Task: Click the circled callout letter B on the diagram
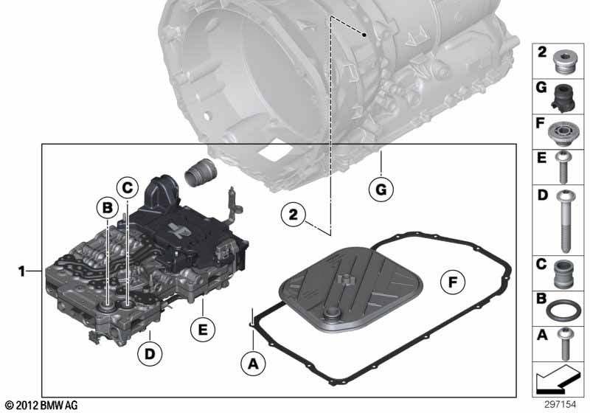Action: [x=108, y=209]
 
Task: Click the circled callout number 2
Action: [x=293, y=215]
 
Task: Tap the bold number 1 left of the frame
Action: [x=22, y=272]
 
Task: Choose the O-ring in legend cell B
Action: [x=563, y=308]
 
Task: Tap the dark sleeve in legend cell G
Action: [x=563, y=96]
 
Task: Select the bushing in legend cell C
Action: [x=563, y=273]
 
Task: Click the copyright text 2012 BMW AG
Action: [x=41, y=406]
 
